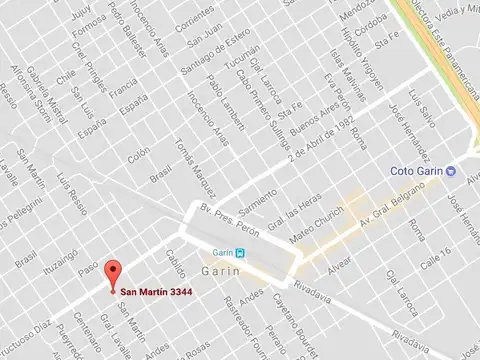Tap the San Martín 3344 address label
pyautogui.click(x=157, y=291)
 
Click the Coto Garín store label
pyautogui.click(x=417, y=170)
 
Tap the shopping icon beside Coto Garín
pyautogui.click(x=451, y=170)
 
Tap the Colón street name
pyautogui.click(x=139, y=156)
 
